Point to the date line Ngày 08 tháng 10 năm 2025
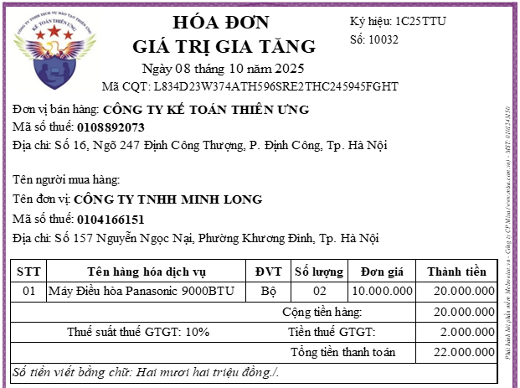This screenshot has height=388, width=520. click(x=223, y=68)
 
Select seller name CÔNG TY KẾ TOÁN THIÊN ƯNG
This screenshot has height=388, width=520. click(x=205, y=109)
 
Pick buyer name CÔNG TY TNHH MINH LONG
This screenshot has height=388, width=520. click(x=167, y=199)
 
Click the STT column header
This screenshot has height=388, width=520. click(x=29, y=272)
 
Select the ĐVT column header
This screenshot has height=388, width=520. click(x=268, y=272)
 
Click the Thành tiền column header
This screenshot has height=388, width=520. click(x=456, y=272)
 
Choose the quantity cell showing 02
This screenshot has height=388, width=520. click(x=319, y=292)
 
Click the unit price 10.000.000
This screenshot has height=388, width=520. click(x=382, y=292)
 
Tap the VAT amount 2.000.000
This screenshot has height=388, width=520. click(x=465, y=332)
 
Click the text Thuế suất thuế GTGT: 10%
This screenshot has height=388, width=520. click(x=138, y=332)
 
